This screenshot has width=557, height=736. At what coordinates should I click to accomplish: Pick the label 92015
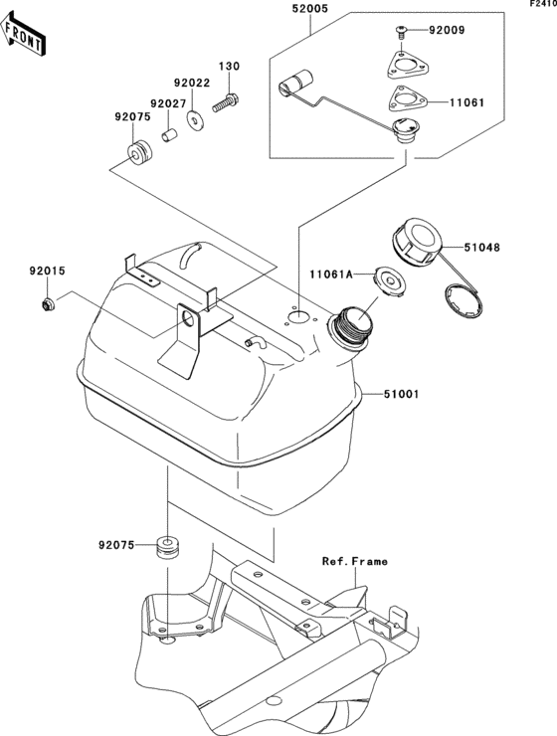coord(46,271)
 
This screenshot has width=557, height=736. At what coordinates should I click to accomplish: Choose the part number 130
coord(230,67)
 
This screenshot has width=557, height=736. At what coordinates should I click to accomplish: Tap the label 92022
coord(192,85)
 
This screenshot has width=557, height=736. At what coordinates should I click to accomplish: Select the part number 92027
coord(169,102)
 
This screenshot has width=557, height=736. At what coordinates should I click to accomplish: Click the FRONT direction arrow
coord(24,36)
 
